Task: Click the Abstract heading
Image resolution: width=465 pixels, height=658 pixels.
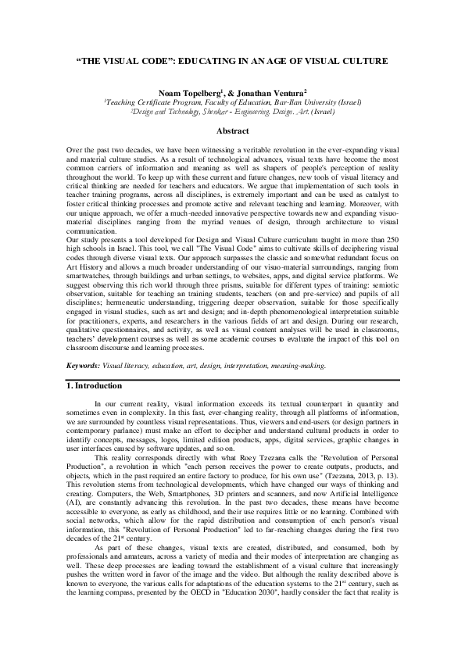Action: [x=232, y=131]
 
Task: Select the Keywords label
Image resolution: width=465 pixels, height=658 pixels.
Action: [x=80, y=364]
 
